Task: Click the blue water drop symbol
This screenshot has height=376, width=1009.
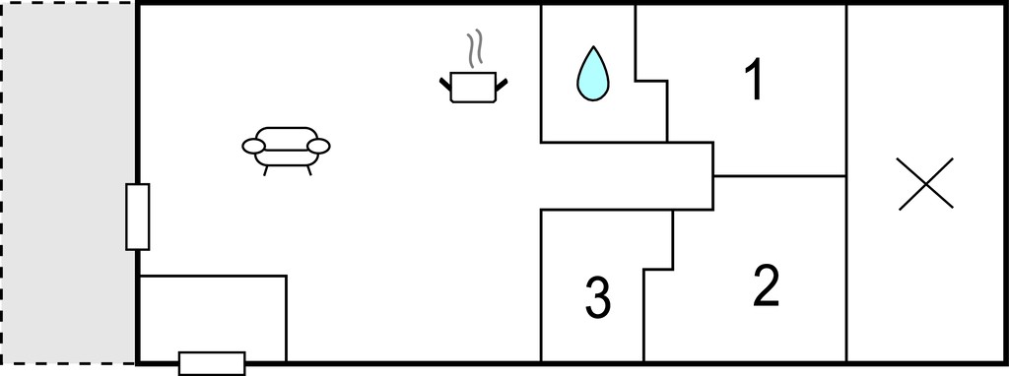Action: tap(592, 76)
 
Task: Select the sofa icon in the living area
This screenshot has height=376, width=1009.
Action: tap(287, 150)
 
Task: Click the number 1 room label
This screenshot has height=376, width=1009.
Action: tap(754, 80)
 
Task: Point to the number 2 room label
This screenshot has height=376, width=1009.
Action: tap(766, 284)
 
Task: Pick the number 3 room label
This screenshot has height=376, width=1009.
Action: tap(598, 297)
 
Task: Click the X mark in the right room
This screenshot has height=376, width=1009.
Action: tap(925, 184)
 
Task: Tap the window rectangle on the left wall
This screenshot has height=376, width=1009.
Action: tap(138, 217)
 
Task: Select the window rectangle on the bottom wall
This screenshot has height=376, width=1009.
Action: tap(212, 363)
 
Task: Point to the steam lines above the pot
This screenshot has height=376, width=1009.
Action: tap(475, 49)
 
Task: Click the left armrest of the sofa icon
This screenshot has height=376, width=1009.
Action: tap(253, 147)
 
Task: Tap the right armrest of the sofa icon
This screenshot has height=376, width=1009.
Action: tap(318, 147)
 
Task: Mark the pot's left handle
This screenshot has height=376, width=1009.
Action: tap(445, 85)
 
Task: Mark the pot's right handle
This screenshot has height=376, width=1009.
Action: tap(502, 85)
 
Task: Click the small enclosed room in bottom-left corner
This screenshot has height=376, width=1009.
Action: tap(213, 319)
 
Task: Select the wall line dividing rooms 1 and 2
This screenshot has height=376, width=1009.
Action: tap(779, 175)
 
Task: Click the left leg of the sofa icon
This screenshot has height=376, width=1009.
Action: tap(266, 170)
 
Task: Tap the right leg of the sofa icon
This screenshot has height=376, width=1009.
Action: tap(309, 170)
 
